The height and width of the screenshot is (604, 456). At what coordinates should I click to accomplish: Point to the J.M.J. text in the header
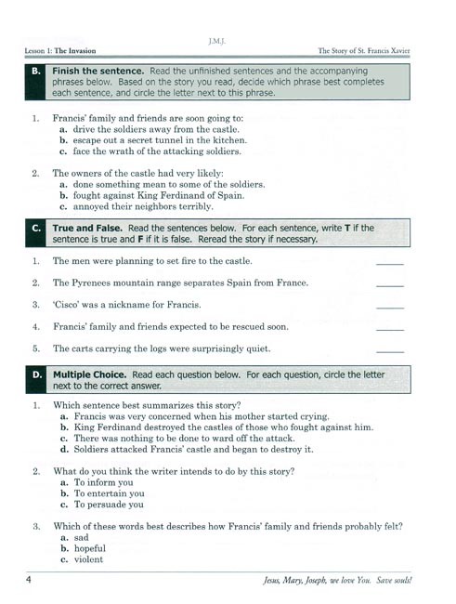tap(227, 41)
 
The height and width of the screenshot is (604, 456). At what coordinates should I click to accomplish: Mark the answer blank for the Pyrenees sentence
tap(391, 284)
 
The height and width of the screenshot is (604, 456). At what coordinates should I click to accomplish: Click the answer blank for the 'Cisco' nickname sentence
tap(391, 307)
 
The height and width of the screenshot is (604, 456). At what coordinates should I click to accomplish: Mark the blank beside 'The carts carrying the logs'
tap(391, 351)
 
